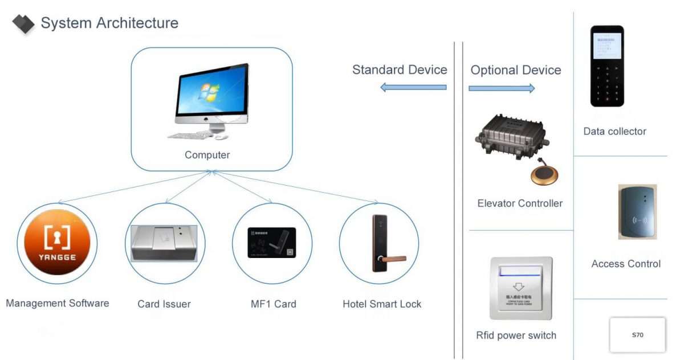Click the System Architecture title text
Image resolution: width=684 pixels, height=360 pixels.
point(109,23)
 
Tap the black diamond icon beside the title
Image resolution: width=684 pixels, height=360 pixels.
point(23,24)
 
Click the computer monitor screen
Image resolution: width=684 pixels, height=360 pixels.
point(211,91)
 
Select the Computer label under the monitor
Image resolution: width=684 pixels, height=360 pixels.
point(207,155)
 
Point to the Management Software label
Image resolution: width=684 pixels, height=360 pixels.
point(57,303)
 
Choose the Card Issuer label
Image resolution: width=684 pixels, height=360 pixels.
point(164,304)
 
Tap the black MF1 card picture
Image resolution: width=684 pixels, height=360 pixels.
point(272,244)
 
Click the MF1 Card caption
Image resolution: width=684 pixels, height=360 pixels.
point(274,304)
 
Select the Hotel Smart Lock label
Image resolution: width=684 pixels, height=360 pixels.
point(382,304)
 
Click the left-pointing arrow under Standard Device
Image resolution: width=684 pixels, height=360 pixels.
point(413,88)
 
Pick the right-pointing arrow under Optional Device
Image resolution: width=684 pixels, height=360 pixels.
point(502,88)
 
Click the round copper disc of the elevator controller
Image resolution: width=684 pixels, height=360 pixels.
point(544,176)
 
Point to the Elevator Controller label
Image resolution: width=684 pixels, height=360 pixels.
point(520,203)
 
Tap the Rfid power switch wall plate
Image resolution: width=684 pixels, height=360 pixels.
point(521,288)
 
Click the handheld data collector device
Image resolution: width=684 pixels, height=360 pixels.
point(607,66)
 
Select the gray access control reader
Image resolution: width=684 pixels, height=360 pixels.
point(637,212)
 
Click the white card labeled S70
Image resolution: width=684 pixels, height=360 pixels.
point(637,335)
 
